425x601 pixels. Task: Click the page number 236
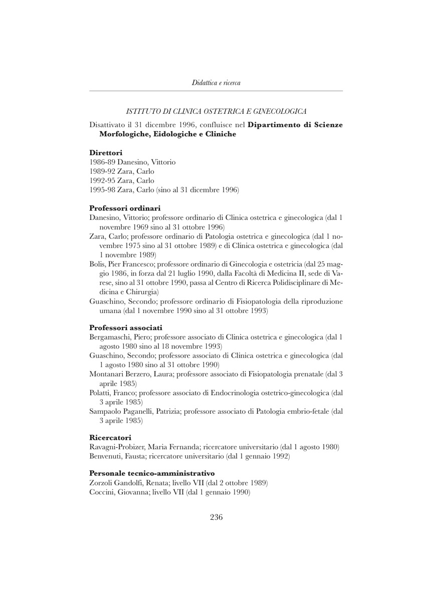pos(216,517)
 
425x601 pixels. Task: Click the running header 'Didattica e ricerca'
pos(216,83)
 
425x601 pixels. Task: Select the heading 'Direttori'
pos(106,152)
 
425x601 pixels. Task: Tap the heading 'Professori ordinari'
pos(124,207)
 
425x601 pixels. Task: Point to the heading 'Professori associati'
pos(125,327)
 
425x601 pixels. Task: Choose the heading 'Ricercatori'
pos(110,437)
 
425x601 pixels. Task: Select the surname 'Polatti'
pos(99,393)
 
